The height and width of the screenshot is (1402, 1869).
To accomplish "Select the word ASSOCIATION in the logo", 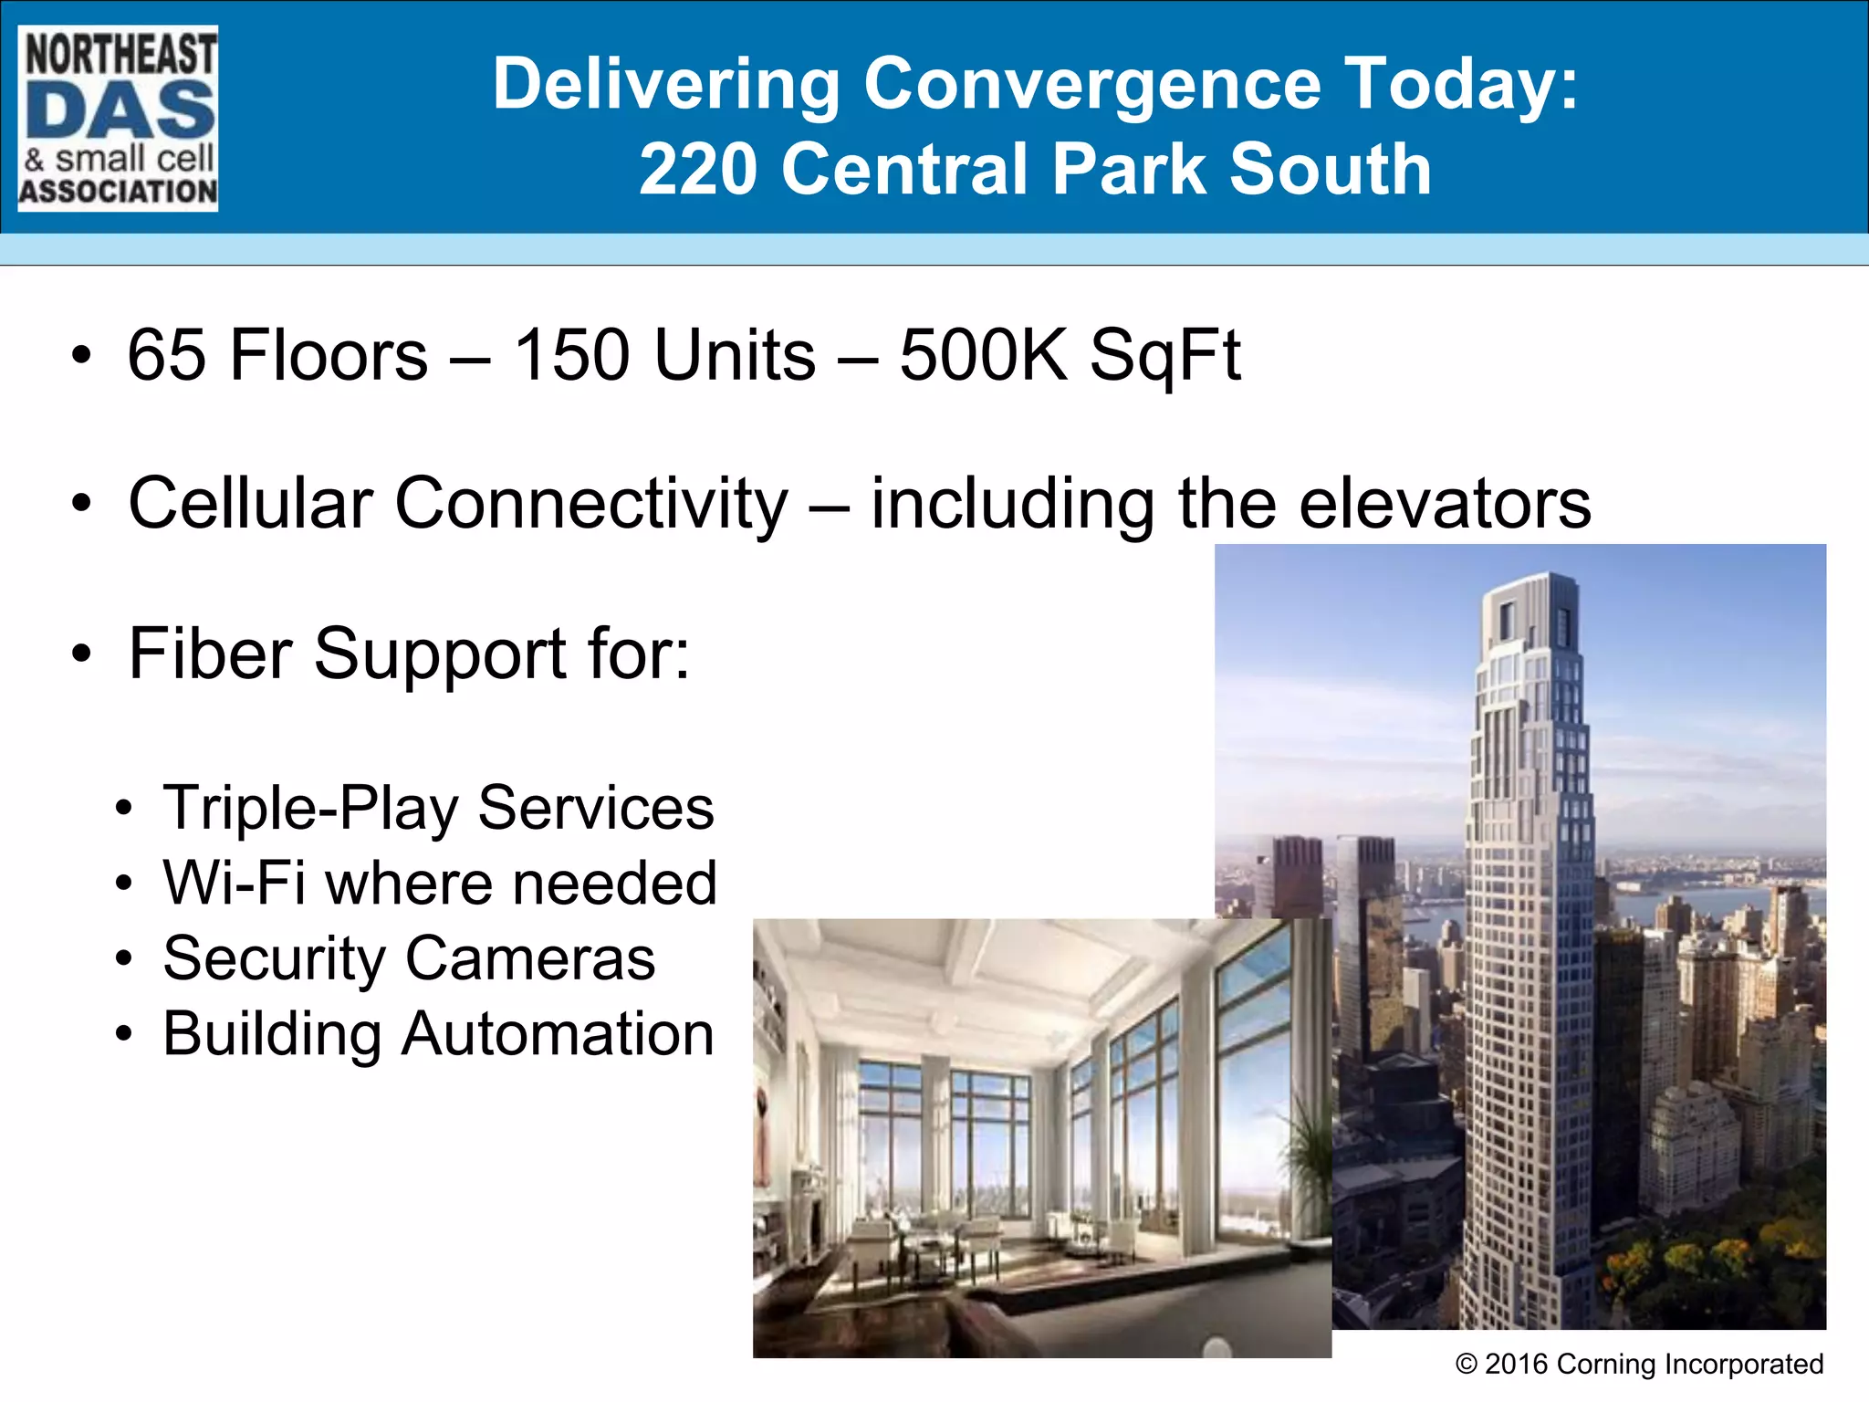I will point(119,192).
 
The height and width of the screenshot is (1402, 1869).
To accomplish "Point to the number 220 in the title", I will point(698,170).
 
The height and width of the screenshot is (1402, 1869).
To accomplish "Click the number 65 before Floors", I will point(167,355).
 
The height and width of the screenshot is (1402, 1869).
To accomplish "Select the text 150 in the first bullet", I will point(571,355).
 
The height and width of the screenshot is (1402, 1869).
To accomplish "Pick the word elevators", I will point(1445,504).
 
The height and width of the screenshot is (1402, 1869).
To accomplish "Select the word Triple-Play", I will point(310,809).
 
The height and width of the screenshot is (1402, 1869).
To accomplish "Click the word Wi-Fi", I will point(234,884).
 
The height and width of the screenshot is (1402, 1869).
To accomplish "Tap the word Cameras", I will point(530,958).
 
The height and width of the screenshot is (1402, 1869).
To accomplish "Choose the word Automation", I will point(558,1034).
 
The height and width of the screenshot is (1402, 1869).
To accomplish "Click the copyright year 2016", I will point(1516,1365).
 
